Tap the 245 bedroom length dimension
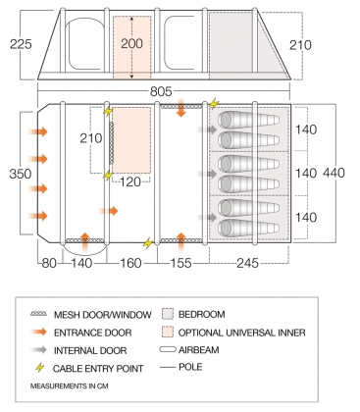248,262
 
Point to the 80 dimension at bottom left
49,262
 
